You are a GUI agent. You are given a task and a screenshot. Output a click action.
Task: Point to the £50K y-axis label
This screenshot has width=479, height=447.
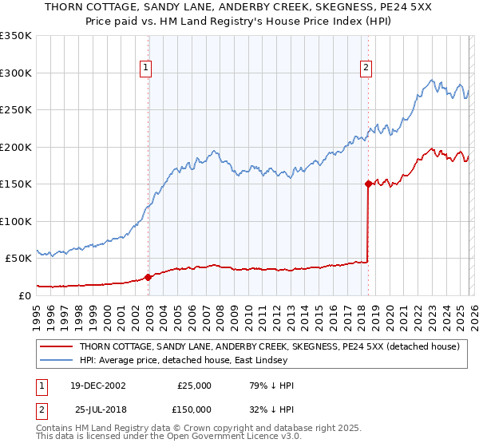coord(18,259)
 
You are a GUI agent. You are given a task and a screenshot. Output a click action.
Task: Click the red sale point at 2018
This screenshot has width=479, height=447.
coord(368,184)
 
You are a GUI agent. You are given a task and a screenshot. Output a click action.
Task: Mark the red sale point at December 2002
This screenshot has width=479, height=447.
coord(148,277)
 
